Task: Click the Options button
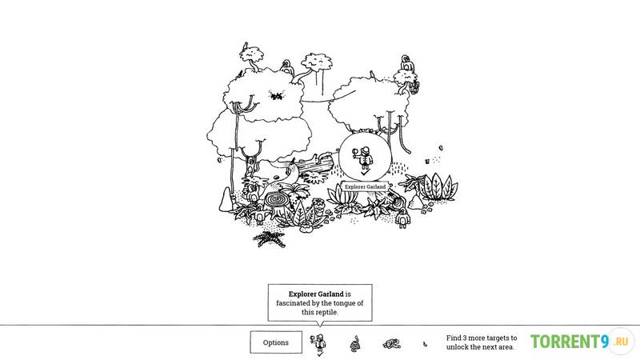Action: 276,342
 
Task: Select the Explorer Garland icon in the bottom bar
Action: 318,343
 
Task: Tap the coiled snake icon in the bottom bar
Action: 355,344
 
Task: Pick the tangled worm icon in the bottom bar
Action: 392,344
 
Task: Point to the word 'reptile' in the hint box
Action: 326,312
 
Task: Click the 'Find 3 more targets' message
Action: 482,342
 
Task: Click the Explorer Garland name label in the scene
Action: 365,186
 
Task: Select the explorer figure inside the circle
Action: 363,158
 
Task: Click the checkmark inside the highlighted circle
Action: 365,173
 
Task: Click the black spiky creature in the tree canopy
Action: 276,96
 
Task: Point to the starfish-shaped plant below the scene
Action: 270,238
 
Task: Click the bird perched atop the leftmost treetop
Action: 246,46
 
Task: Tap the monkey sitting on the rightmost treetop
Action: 406,64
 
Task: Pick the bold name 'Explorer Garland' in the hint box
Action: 316,294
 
